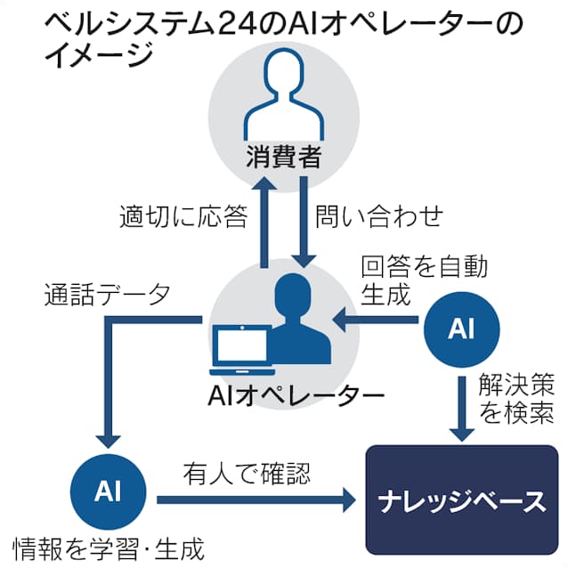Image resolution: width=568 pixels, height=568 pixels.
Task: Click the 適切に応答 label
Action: pyautogui.click(x=183, y=216)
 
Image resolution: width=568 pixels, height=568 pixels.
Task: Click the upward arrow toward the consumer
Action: pyautogui.click(x=263, y=223)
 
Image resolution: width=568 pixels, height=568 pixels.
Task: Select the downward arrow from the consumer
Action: pyautogui.click(x=304, y=223)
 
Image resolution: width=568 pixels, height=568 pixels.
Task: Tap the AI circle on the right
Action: pyautogui.click(x=460, y=329)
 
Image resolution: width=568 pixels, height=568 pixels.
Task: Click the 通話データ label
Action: pyautogui.click(x=107, y=295)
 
